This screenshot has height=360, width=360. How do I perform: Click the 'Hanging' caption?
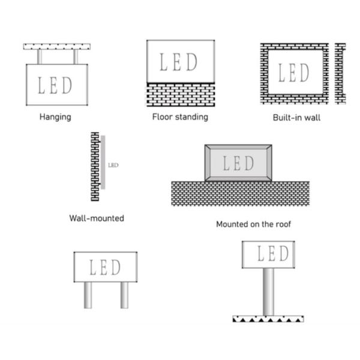click(55, 117)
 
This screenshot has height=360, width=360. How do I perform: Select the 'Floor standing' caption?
click(180, 116)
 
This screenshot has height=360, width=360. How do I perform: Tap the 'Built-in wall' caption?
click(296, 118)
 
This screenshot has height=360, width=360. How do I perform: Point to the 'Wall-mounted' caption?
click(97, 218)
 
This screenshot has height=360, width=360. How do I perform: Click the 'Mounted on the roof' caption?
click(253, 224)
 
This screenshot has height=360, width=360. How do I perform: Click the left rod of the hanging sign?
click(40, 56)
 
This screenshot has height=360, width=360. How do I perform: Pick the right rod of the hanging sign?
click(76, 56)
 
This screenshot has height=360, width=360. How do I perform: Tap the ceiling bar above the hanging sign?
click(57, 46)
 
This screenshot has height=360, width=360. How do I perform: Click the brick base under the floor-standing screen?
click(181, 94)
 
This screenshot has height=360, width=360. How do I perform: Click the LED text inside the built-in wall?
click(294, 73)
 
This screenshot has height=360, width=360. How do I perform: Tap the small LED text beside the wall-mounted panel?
click(113, 164)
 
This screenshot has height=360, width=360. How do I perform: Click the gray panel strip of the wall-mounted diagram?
click(103, 163)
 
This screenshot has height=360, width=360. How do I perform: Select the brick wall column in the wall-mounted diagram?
click(95, 166)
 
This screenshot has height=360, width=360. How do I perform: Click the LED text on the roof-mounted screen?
click(238, 163)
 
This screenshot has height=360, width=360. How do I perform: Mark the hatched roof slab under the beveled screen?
click(240, 193)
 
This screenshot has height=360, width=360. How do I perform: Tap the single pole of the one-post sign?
click(268, 292)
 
